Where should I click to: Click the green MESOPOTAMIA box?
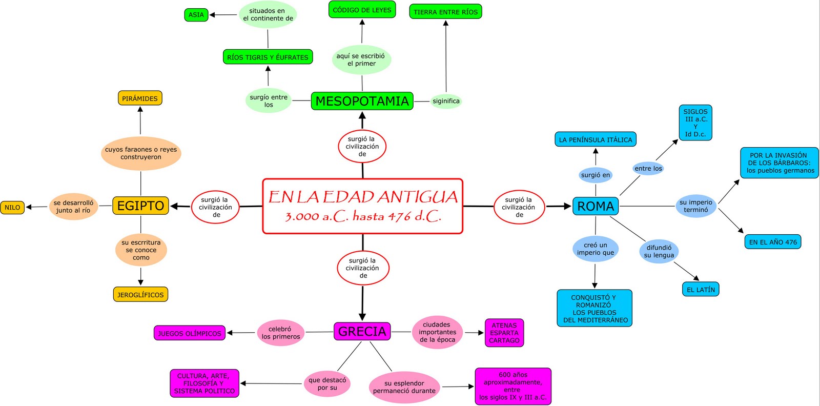tap(362, 101)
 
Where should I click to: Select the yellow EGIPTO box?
tap(140, 206)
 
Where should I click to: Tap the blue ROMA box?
tap(595, 206)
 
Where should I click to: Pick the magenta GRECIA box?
tap(362, 331)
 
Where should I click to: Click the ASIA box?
tap(196, 15)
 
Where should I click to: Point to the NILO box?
tap(12, 208)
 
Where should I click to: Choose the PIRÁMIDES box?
tap(140, 98)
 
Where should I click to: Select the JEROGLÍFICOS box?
tap(140, 295)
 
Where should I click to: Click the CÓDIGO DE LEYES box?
tap(362, 10)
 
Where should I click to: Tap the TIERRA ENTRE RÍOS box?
tap(445, 12)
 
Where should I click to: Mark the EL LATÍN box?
tap(701, 290)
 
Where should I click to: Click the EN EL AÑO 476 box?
tap(773, 242)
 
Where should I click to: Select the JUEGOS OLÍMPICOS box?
tap(190, 333)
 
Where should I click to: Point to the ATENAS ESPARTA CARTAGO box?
tap(504, 333)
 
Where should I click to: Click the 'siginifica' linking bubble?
tap(446, 101)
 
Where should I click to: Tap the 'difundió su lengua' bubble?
tap(659, 251)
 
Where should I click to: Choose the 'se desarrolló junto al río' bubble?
tap(73, 207)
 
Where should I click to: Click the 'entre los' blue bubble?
tap(648, 168)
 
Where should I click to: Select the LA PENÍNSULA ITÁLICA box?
tap(596, 139)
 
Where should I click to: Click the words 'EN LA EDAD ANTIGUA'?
tap(363, 197)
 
